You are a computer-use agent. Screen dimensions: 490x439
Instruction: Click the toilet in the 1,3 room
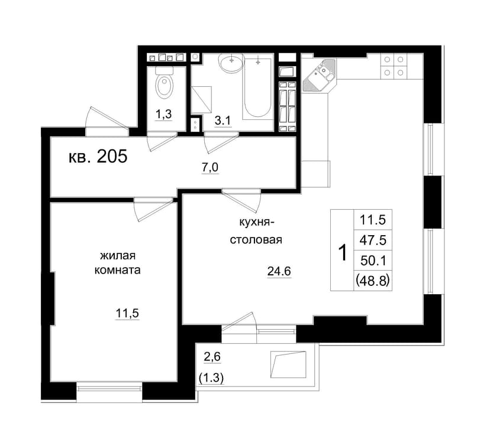click(x=165, y=82)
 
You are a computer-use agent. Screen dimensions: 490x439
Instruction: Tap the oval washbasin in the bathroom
click(x=231, y=62)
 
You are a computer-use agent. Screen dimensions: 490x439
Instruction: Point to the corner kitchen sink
click(x=320, y=75)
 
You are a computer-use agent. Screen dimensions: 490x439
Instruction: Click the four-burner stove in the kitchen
click(x=394, y=66)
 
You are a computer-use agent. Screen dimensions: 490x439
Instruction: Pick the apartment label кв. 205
click(x=98, y=156)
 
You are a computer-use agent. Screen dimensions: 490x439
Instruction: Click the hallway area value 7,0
click(x=210, y=168)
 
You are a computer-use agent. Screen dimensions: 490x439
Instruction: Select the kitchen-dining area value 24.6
click(x=279, y=271)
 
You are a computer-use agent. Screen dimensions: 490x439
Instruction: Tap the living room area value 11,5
click(x=127, y=313)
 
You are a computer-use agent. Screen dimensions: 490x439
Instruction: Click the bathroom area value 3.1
click(x=223, y=121)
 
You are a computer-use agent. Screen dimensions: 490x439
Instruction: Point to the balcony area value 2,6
click(x=212, y=357)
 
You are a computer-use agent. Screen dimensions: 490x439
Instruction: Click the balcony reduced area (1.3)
click(x=211, y=378)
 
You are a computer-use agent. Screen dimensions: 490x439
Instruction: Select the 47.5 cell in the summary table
click(x=373, y=240)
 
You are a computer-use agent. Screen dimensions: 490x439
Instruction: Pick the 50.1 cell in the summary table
click(x=373, y=260)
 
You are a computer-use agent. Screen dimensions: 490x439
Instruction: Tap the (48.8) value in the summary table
click(x=372, y=281)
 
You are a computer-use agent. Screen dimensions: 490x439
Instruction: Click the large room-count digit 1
click(x=343, y=252)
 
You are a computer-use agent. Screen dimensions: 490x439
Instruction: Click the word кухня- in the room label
click(x=257, y=223)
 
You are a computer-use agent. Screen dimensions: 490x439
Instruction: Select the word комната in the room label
click(x=118, y=270)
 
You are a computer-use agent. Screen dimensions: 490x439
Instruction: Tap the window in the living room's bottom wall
click(x=109, y=388)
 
